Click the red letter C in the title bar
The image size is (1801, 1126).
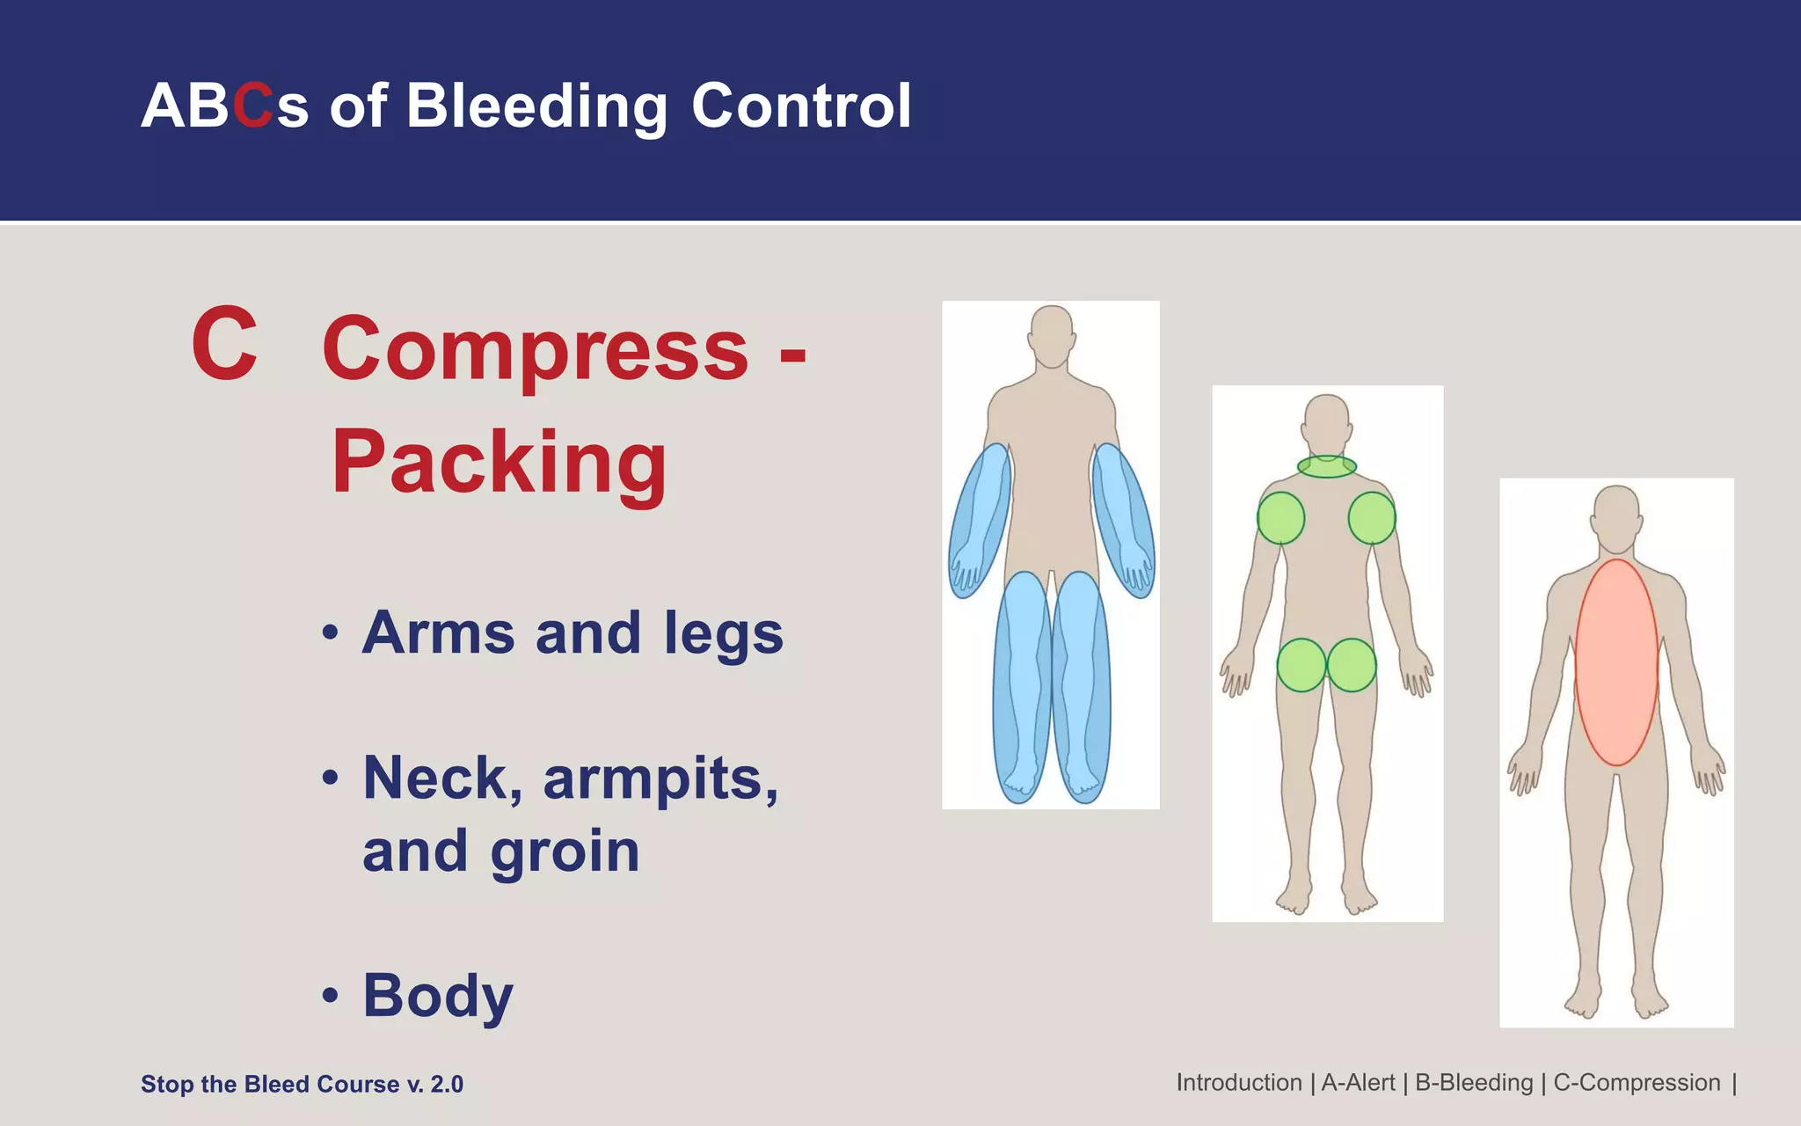pos(253,106)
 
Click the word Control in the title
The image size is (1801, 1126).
pos(801,106)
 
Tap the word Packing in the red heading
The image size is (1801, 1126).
pos(499,462)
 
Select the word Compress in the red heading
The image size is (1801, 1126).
pos(536,349)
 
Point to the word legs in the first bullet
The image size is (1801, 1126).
pos(723,633)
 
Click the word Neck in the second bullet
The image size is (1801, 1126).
pos(442,779)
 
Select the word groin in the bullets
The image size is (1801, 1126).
pos(565,852)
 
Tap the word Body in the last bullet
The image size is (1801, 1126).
pos(437,996)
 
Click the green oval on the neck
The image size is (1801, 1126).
pos(1327,466)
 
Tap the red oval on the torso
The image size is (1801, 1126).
pos(1616,662)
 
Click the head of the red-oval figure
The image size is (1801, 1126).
pos(1616,514)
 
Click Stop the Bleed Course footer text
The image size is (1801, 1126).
pos(302,1084)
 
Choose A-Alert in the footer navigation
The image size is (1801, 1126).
pos(1358,1083)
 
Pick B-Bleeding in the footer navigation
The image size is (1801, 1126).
pos(1474,1083)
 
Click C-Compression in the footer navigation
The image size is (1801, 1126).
pos(1637,1083)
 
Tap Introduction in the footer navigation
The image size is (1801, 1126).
pos(1239,1083)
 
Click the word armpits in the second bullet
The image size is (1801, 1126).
pos(660,779)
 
